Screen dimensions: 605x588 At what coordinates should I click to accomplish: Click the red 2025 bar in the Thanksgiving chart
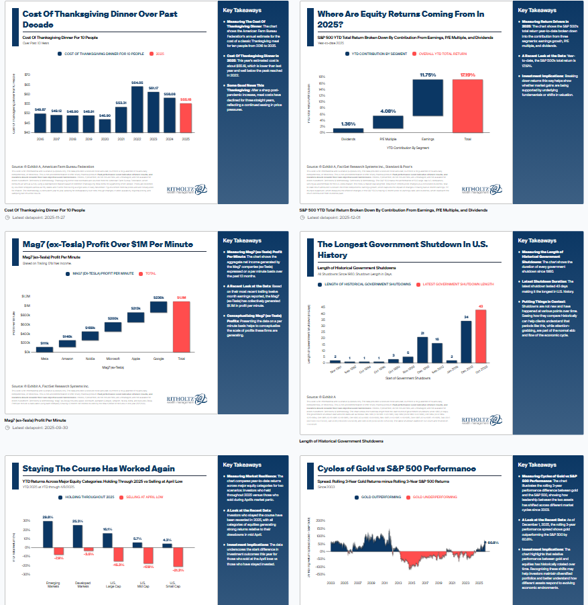pos(186,118)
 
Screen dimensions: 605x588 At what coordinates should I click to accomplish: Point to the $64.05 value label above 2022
pos(137,83)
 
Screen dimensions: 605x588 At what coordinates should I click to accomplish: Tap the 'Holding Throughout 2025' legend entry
pos(91,496)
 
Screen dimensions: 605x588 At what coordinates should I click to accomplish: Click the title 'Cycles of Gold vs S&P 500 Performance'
pos(397,468)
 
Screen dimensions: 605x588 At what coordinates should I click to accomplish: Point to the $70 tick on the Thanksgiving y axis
pos(27,75)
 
